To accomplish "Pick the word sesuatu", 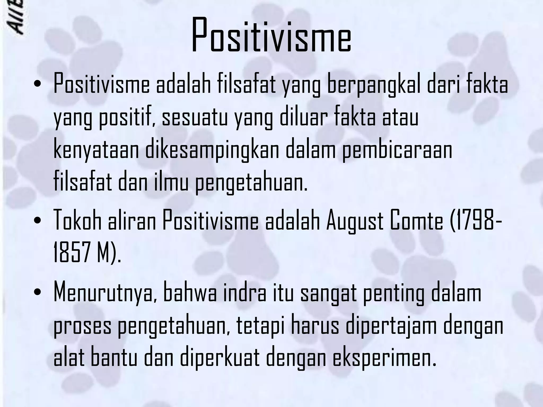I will click(195, 118).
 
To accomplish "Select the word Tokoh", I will click(77, 222).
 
